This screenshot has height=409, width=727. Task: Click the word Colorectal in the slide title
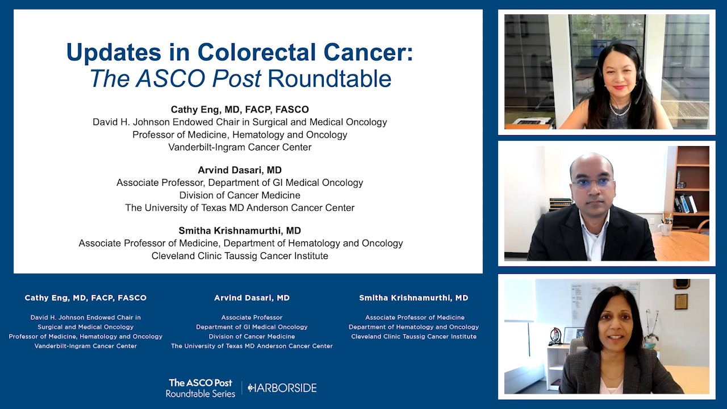point(256,52)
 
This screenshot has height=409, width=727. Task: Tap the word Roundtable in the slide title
point(329,78)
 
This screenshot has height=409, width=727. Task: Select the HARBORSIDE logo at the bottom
point(282,388)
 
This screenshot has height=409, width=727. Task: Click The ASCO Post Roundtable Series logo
point(200,388)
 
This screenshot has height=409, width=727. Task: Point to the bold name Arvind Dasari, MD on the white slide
point(240,170)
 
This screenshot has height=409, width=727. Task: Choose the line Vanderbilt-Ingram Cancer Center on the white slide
point(240,147)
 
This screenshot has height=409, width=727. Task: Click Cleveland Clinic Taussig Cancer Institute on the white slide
point(240,256)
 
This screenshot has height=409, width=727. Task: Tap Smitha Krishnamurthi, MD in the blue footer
point(414,298)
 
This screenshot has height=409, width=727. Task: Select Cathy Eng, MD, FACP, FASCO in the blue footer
point(86,298)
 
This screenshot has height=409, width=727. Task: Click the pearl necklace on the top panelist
point(620,110)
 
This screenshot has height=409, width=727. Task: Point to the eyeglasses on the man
point(592,182)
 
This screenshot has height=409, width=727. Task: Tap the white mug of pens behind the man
point(665,227)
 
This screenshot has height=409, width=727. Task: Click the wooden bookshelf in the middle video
point(691,188)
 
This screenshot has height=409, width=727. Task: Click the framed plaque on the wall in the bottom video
point(681,302)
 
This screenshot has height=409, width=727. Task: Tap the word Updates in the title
point(114,53)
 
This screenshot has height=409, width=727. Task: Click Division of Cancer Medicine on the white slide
point(240,195)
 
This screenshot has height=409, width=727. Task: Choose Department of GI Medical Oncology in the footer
point(252,327)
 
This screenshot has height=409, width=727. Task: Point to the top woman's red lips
point(620,87)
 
